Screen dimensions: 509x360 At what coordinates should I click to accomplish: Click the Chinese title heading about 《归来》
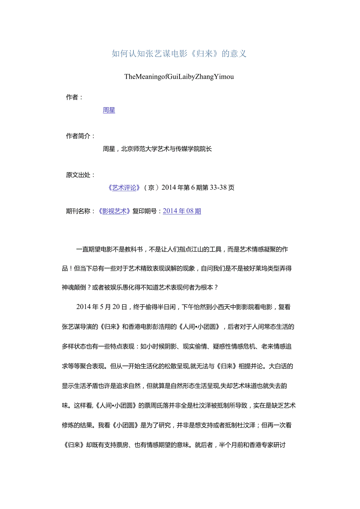[x=179, y=54]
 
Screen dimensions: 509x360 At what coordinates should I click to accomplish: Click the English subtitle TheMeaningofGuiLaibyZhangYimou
[x=179, y=77]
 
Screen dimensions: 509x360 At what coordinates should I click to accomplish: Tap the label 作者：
[x=74, y=97]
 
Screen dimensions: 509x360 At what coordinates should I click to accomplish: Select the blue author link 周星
[x=109, y=110]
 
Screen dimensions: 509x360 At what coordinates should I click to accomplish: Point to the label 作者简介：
[x=81, y=136]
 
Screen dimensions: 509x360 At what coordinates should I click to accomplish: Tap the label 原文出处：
[x=81, y=175]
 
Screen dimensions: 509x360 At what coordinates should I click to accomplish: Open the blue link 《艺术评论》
[x=124, y=188]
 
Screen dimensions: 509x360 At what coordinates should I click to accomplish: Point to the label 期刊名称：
[x=81, y=211]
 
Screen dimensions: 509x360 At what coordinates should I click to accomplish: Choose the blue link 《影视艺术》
[x=114, y=211]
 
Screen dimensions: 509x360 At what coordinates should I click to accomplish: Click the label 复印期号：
[x=147, y=211]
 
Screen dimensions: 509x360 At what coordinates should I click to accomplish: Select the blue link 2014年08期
[x=182, y=211]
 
